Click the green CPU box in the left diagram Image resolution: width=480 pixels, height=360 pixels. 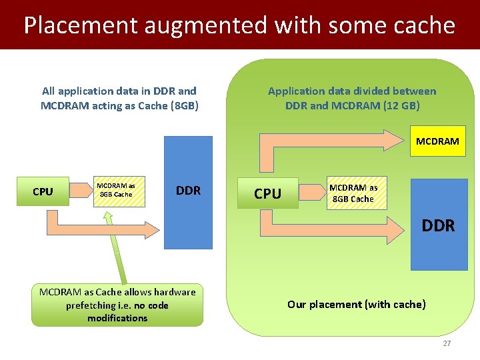[x=43, y=191]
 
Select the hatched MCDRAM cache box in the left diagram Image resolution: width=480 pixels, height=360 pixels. [x=116, y=190]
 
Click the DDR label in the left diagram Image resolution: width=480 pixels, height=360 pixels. [x=188, y=191]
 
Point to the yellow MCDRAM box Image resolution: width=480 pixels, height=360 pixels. [x=437, y=141]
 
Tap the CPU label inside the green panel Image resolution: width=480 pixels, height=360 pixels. [x=267, y=193]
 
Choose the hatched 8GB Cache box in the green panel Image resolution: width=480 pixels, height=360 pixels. [x=353, y=193]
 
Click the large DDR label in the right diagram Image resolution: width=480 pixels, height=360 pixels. [x=438, y=225]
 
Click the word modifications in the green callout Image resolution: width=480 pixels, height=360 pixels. [x=117, y=318]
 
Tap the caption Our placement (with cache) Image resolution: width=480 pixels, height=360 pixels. [x=356, y=304]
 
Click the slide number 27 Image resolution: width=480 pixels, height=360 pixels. [x=447, y=343]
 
